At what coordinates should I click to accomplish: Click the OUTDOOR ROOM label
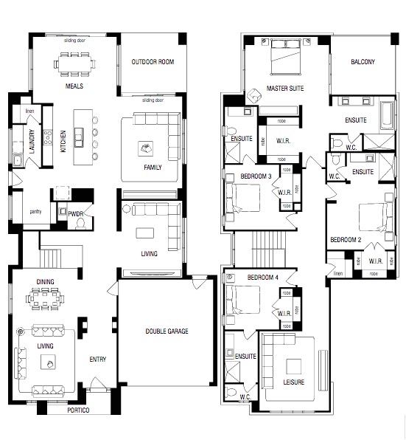153,62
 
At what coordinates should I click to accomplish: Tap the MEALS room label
73,86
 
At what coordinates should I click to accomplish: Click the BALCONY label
363,62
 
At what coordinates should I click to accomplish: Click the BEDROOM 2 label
344,240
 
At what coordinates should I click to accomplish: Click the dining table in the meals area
73,65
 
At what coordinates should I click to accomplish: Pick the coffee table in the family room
144,149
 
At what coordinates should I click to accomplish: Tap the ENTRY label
98,360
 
